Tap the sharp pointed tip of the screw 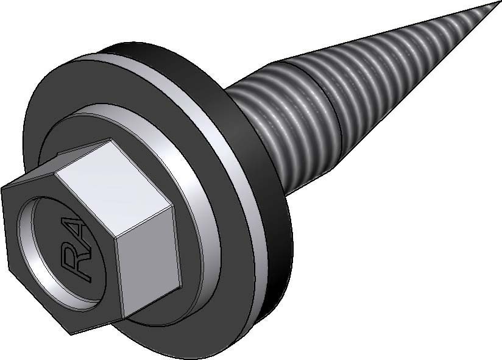coord(499,2)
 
